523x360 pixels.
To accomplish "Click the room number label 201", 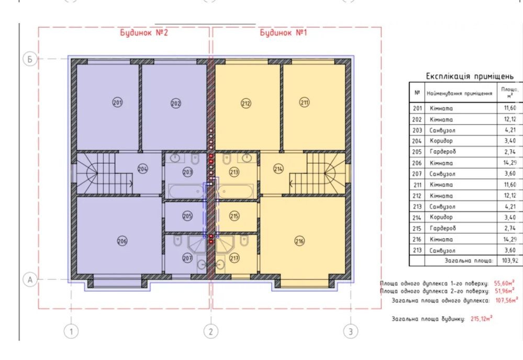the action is tap(117, 102).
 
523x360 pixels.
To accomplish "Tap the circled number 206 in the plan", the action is tap(122, 241).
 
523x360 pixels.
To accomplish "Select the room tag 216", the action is tap(299, 241).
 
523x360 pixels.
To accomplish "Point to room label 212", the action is tap(246, 103).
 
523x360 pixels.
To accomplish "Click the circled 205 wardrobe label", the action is tap(187, 216).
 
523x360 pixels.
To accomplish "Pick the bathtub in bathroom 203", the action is tap(186, 192).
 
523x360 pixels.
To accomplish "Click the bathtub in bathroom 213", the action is tap(236, 192).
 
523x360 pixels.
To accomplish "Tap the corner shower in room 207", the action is tap(197, 244).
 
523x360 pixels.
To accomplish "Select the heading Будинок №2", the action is tap(144, 32).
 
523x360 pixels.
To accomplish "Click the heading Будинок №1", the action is tap(283, 32).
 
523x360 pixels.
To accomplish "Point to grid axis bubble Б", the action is tap(30, 59).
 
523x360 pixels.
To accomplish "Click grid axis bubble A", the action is tap(30, 279).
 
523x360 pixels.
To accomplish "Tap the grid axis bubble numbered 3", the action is tap(351, 332).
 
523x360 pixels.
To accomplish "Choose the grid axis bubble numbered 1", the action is tap(71, 332).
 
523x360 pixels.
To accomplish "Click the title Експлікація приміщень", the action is tap(470, 76).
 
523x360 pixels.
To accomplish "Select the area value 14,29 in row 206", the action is tap(510, 163).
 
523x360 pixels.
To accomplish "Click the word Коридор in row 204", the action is tap(441, 141).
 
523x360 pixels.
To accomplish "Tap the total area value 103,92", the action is tap(510, 260).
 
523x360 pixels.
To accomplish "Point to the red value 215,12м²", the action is tap(482, 319).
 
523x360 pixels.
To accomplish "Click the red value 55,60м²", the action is tap(504, 283).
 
